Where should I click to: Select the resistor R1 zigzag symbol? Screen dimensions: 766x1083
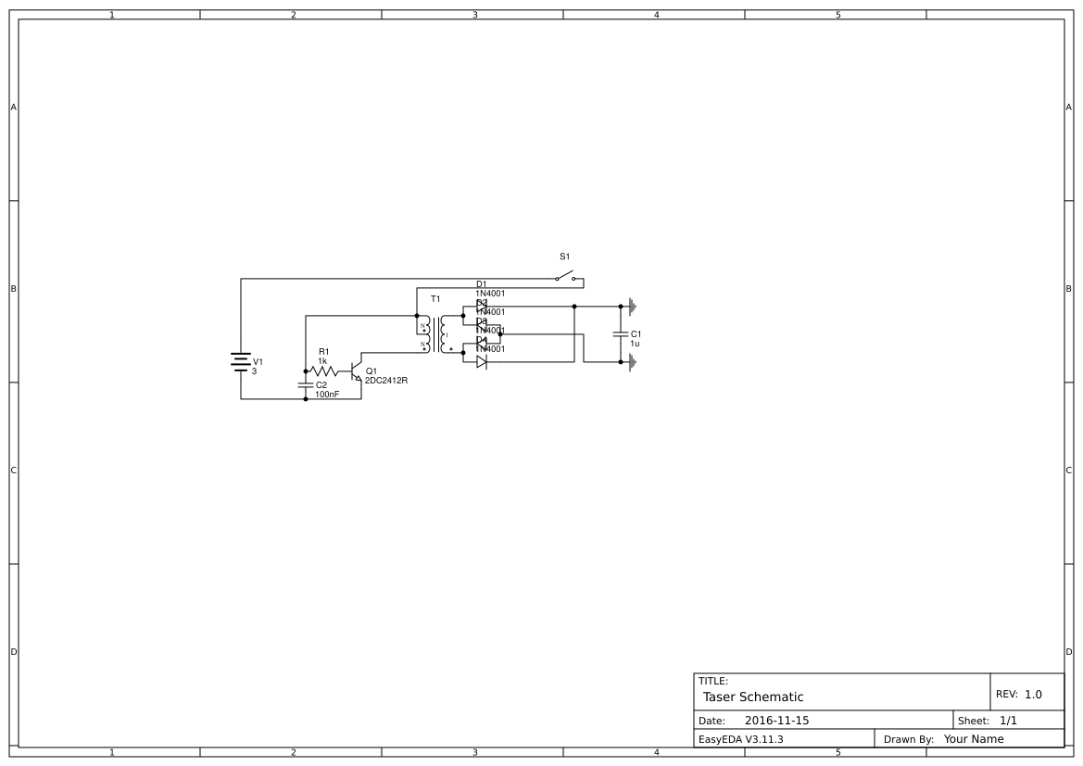coord(324,370)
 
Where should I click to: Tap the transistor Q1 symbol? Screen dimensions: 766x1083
coord(356,371)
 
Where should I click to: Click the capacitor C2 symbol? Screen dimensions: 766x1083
coord(306,384)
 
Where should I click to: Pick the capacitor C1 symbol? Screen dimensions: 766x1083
coord(621,334)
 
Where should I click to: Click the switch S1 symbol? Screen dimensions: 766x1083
coord(565,276)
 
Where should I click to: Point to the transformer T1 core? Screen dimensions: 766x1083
coord(434,334)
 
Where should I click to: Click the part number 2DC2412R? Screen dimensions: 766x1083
coord(385,380)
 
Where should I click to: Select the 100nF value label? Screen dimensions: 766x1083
coord(327,394)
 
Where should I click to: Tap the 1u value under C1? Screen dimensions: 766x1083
coord(635,344)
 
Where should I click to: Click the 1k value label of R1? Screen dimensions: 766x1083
coord(322,360)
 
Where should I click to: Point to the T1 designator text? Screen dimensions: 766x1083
coord(435,299)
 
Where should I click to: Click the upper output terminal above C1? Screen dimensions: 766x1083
coord(632,306)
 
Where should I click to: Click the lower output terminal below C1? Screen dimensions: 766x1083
coord(632,362)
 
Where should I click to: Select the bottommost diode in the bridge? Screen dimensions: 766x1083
coord(481,362)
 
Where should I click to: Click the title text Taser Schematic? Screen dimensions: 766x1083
coord(753,697)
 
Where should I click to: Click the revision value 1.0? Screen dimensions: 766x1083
coord(1033,694)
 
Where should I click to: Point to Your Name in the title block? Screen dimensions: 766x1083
coord(973,739)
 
